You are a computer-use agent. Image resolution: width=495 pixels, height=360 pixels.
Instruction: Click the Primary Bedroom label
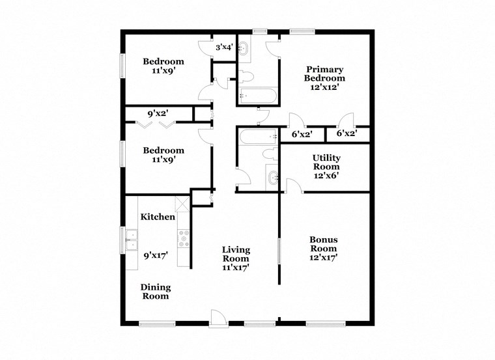[325, 74]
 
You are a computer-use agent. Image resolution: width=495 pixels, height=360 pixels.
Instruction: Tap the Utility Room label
[326, 162]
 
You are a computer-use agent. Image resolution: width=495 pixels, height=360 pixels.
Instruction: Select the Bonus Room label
[323, 243]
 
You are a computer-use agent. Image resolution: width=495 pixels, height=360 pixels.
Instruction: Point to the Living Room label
[236, 254]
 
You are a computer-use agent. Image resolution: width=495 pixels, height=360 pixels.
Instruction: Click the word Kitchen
[157, 217]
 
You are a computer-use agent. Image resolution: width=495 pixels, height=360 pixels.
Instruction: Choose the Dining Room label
[156, 292]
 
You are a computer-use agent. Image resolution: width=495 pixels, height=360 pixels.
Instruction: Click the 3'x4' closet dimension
[225, 47]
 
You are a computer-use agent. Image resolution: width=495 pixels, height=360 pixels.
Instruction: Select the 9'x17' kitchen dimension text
[156, 256]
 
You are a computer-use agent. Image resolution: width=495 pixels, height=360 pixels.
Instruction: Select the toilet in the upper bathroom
[245, 75]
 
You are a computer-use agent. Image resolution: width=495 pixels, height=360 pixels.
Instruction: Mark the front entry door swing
[218, 317]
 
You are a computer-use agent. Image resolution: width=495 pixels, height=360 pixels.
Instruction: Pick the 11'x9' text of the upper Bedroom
[163, 72]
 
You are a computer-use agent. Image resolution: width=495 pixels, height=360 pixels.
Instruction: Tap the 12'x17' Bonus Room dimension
[323, 258]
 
